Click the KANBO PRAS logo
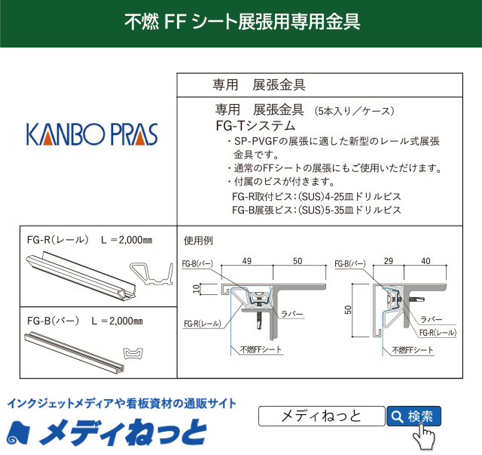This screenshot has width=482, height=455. tap(92, 134)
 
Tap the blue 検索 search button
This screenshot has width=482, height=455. tap(413, 416)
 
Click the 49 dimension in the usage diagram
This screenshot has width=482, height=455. tap(246, 261)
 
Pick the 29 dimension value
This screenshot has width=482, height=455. tap(388, 261)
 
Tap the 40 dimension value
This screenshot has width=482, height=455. tap(426, 261)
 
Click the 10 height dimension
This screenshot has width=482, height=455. tap(194, 287)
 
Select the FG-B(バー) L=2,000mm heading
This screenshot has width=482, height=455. tap(84, 321)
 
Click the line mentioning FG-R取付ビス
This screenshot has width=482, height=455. tap(316, 196)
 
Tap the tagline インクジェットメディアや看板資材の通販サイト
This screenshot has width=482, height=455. tap(121, 404)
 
